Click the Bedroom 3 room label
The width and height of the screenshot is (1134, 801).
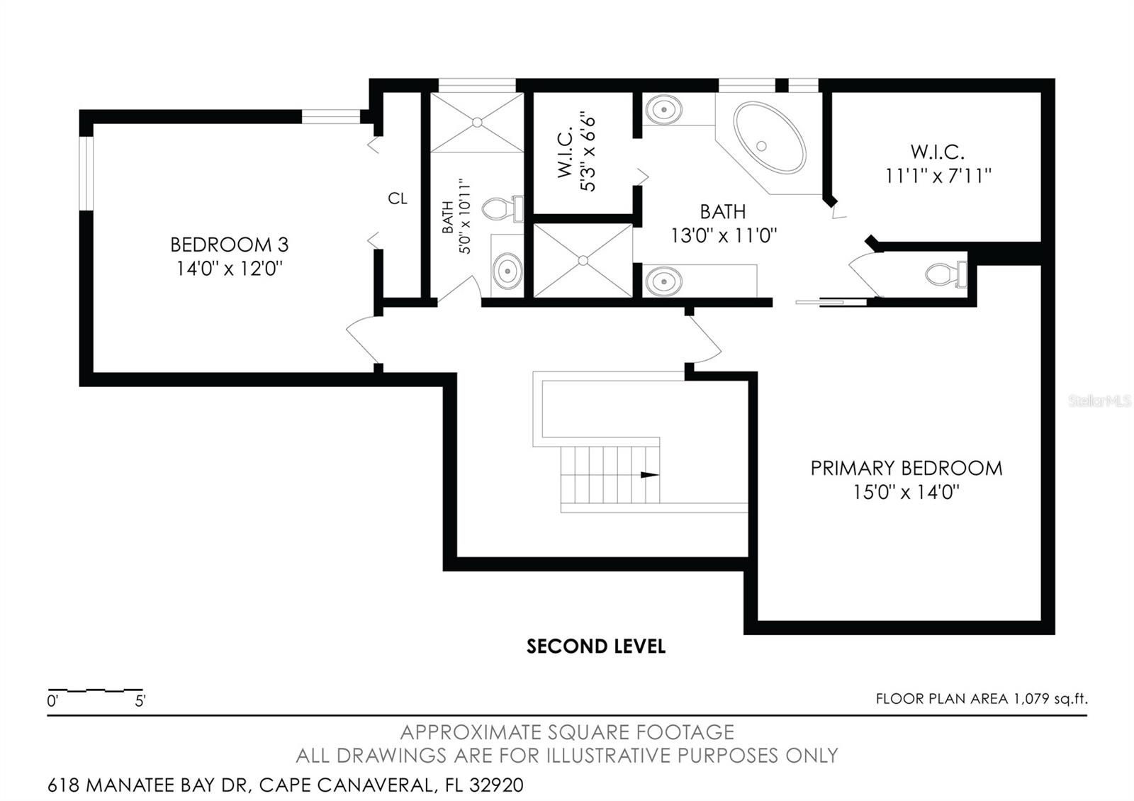pos(230,245)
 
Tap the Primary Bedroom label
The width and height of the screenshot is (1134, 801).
pos(906,469)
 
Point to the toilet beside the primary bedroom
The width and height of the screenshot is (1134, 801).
pos(946,274)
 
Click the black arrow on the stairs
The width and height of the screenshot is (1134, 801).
pos(650,475)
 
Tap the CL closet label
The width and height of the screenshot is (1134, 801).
pos(398,198)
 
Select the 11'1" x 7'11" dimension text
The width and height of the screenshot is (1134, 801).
pos(938,177)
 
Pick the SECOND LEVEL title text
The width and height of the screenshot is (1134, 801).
pos(596,646)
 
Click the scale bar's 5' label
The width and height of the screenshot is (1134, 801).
pos(140,701)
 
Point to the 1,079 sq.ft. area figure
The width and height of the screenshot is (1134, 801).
pos(1050,699)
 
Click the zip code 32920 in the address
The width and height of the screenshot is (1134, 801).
pos(496,785)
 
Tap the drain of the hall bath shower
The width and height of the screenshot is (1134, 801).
pos(477,122)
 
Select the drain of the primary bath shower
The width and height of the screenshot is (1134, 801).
pos(583,260)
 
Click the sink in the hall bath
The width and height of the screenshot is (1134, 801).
pos(507,271)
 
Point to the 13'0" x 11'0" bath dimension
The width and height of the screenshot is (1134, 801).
pos(724,235)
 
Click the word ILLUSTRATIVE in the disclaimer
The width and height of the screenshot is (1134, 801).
pos(608,756)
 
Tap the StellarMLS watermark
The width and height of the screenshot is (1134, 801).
pos(1099,401)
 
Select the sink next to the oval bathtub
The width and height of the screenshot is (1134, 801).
pos(663,109)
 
